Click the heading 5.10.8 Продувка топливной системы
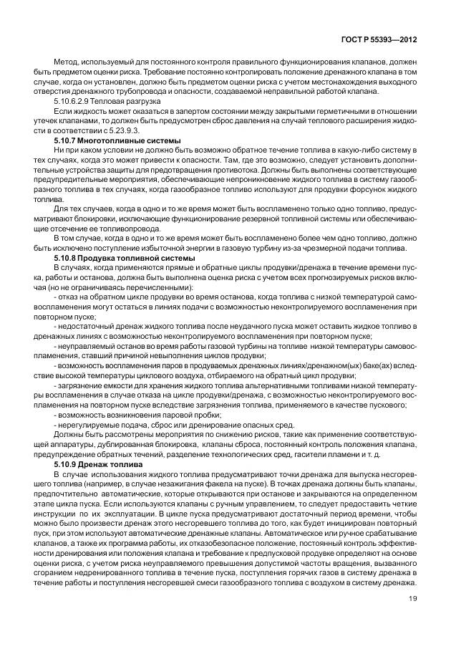114,258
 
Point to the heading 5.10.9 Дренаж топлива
97,464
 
